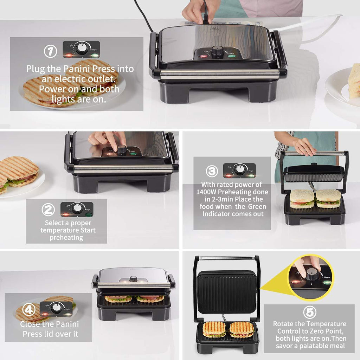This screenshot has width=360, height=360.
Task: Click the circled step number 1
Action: (x=51, y=51)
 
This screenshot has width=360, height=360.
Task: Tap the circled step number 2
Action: (x=48, y=210)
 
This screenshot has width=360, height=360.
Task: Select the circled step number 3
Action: (x=212, y=171)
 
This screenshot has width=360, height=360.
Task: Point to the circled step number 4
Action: (x=29, y=309)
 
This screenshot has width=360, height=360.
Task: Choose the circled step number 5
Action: (x=310, y=312)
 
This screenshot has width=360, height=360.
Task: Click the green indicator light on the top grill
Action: (x=231, y=55)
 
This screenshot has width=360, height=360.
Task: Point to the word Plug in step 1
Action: (x=36, y=69)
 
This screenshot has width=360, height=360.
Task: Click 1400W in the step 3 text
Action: (x=206, y=192)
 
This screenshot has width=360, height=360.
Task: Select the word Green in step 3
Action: (x=257, y=206)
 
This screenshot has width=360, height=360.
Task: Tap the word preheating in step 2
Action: (x=66, y=238)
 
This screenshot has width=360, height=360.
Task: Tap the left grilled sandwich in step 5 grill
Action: (x=214, y=329)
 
